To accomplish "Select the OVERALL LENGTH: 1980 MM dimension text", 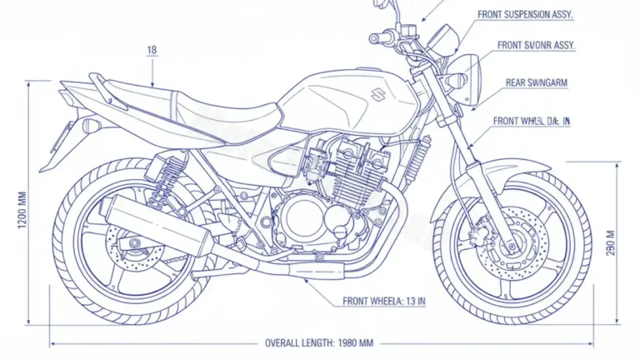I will tap(319, 342).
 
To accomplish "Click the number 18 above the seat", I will tap(152, 50).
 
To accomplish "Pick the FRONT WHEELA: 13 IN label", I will tap(384, 301).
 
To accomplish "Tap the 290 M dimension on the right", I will tap(611, 242).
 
